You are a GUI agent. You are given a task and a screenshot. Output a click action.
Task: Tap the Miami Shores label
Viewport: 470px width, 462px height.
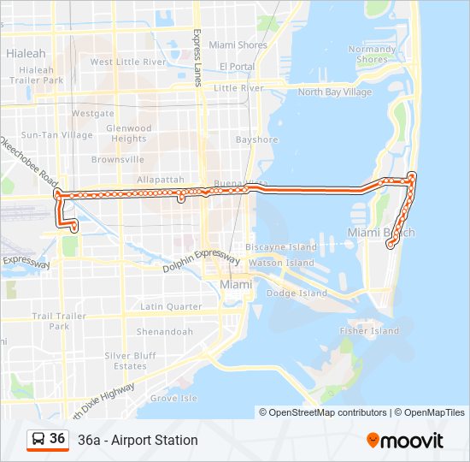coord(238,44)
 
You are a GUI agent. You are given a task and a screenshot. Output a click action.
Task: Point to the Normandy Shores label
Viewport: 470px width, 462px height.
coord(372,54)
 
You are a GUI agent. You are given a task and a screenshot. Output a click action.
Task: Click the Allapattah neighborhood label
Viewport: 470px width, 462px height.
coord(160,180)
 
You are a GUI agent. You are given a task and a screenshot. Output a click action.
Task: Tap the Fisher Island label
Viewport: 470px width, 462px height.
coord(369,330)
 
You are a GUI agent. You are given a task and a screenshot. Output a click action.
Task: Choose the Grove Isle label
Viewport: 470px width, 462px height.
coord(173,398)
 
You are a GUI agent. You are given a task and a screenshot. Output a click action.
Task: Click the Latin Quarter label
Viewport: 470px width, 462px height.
coord(171,306)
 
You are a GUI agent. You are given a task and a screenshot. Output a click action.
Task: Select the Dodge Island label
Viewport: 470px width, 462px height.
coord(297,293)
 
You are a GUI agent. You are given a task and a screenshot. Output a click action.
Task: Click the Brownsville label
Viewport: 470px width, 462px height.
coord(118,159)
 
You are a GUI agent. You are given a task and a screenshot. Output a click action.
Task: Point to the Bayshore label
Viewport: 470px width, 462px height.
coord(257,139)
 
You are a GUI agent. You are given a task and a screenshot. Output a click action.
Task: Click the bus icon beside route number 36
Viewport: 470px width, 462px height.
coord(38,439)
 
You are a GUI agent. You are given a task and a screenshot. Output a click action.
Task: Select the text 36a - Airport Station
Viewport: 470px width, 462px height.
coord(138,441)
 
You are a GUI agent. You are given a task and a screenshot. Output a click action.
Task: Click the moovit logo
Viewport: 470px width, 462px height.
coord(405,441)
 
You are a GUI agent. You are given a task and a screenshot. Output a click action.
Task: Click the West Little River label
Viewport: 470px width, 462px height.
coord(128,62)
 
